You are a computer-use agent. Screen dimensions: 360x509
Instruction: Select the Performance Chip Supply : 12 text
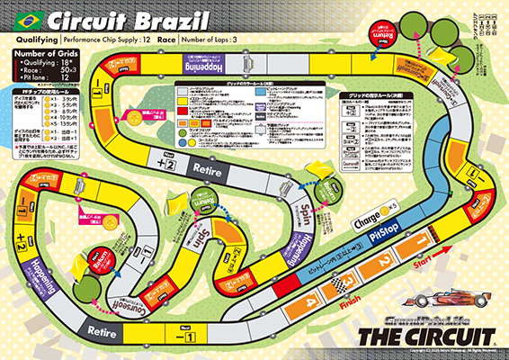pos(104,40)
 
